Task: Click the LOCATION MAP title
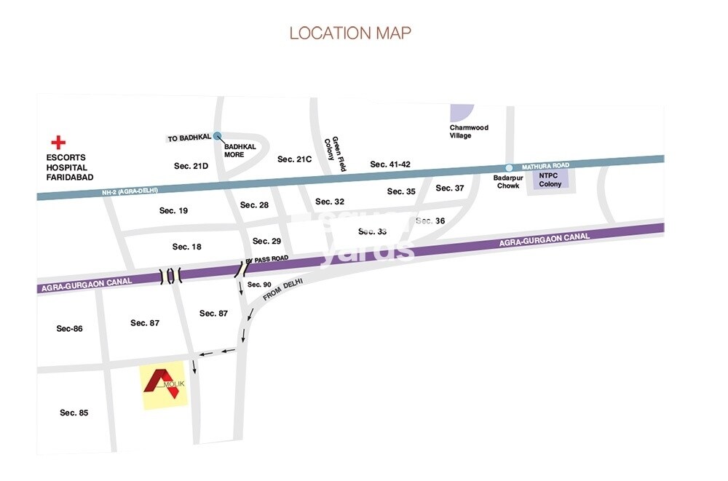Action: pyautogui.click(x=350, y=33)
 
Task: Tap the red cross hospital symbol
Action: pyautogui.click(x=57, y=142)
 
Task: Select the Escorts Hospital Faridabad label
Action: pyautogui.click(x=67, y=167)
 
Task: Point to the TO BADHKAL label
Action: pyautogui.click(x=189, y=138)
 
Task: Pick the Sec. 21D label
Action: pyautogui.click(x=191, y=167)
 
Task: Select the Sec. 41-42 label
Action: pyautogui.click(x=390, y=164)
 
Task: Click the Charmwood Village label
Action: pyautogui.click(x=469, y=132)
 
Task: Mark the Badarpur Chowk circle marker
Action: pyautogui.click(x=509, y=167)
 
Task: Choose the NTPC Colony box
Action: pyautogui.click(x=552, y=179)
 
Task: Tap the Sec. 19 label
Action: pyautogui.click(x=173, y=211)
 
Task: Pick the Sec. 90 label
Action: pyautogui.click(x=259, y=285)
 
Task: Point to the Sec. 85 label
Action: pyautogui.click(x=74, y=413)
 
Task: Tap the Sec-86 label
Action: pyautogui.click(x=69, y=328)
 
